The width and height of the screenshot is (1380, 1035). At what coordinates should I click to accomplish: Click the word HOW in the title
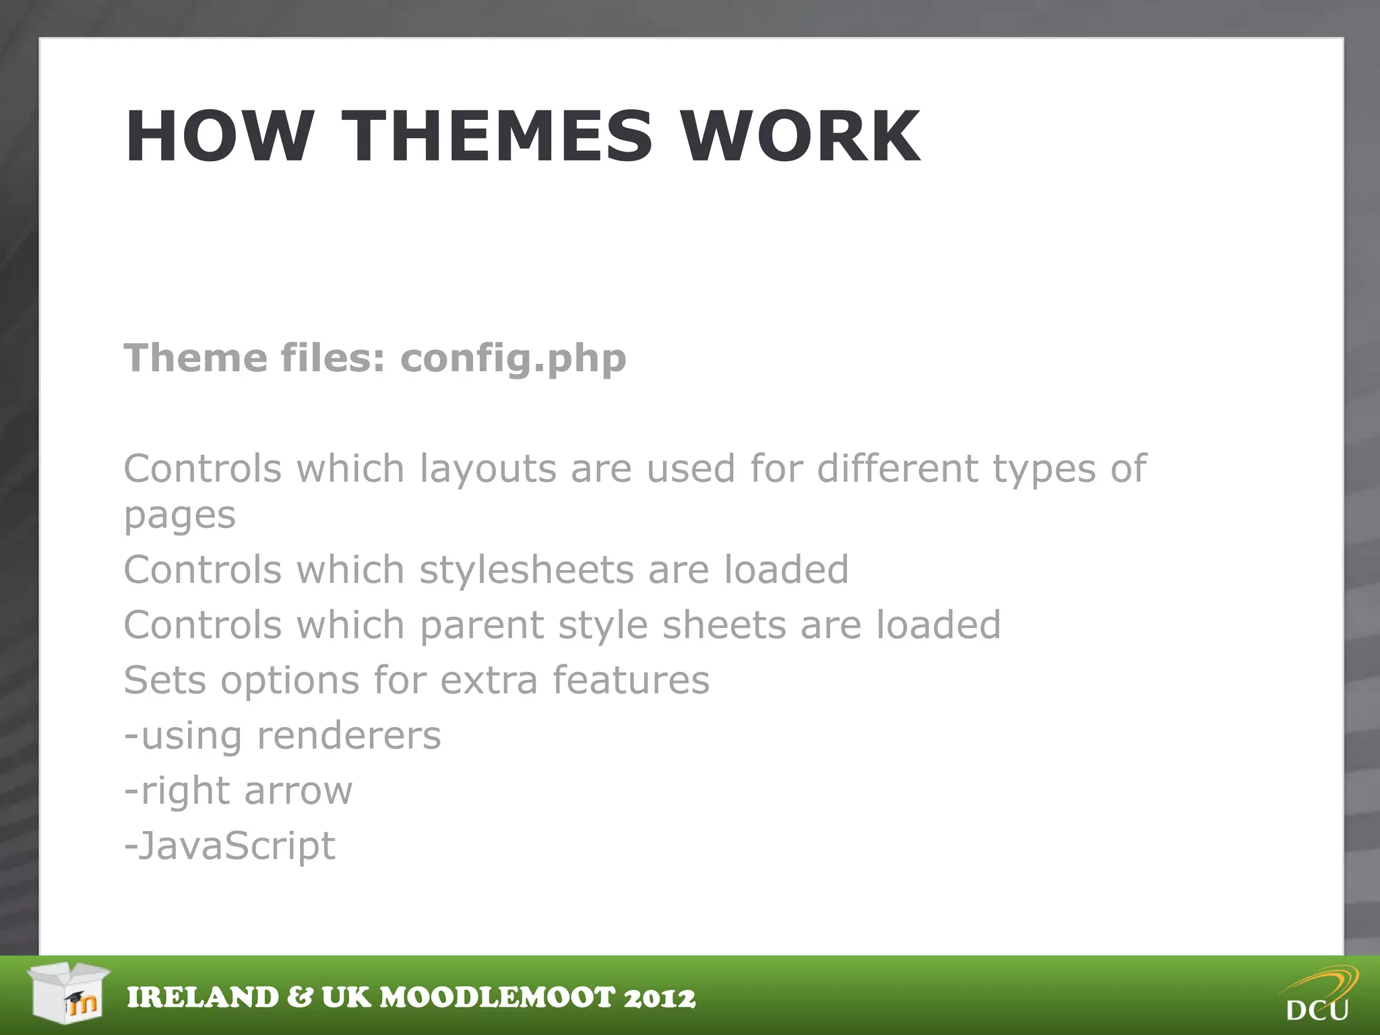click(220, 137)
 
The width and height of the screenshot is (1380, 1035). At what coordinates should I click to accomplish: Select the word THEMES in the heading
click(497, 137)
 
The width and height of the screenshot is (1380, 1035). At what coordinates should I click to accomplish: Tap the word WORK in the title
click(800, 137)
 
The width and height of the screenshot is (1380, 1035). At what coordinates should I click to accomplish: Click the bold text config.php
click(513, 358)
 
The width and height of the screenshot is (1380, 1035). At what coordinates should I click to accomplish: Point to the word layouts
click(488, 470)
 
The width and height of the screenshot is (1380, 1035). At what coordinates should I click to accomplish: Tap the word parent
click(481, 625)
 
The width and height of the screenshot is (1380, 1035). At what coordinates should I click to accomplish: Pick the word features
click(631, 680)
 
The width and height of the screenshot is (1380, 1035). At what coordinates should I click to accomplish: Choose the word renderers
click(349, 736)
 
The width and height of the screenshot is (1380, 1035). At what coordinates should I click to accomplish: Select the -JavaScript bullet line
click(230, 846)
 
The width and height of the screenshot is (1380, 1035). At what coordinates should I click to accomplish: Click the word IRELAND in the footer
click(203, 998)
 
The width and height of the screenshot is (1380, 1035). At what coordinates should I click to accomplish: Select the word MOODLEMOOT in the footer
click(497, 998)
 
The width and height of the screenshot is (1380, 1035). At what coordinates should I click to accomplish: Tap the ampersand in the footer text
click(300, 998)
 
